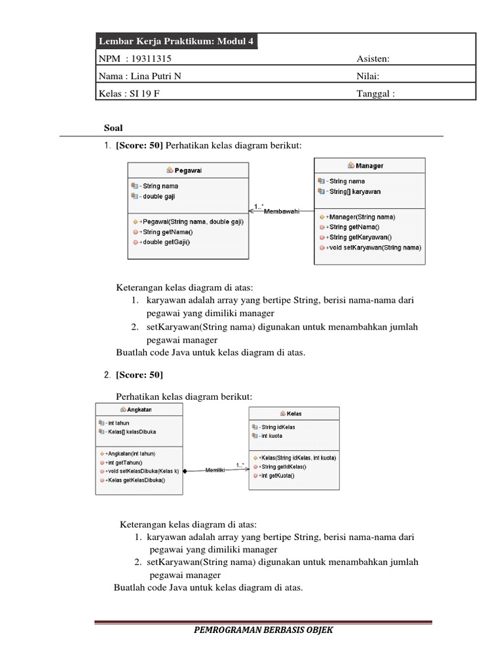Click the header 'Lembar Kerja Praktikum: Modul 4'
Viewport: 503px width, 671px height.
tap(176, 42)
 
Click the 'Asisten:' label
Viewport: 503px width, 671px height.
tap(373, 59)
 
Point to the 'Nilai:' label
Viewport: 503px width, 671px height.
tap(368, 76)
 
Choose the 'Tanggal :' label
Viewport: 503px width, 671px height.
tap(376, 93)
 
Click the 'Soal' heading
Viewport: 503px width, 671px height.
tap(115, 127)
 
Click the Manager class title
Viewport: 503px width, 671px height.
tap(370, 166)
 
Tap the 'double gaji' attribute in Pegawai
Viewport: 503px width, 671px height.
tap(158, 195)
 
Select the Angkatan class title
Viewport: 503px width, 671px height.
tap(141, 410)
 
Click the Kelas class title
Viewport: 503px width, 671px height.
tap(294, 413)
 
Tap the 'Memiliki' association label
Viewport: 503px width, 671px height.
tap(215, 470)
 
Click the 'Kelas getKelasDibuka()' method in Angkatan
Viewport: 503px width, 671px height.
tap(134, 480)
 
